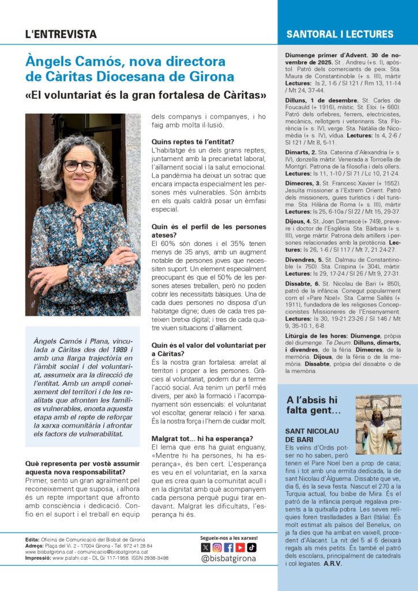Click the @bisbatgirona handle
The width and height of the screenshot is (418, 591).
(x=228, y=559)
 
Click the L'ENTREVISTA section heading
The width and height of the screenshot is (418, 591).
(x=61, y=34)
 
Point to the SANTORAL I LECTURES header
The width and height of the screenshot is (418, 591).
(x=340, y=35)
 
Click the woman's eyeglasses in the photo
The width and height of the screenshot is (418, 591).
(x=79, y=166)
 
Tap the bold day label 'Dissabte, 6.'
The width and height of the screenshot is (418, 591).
(x=303, y=285)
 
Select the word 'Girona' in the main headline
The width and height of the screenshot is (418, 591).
(x=214, y=76)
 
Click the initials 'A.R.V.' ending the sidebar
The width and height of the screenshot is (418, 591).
(x=333, y=564)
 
